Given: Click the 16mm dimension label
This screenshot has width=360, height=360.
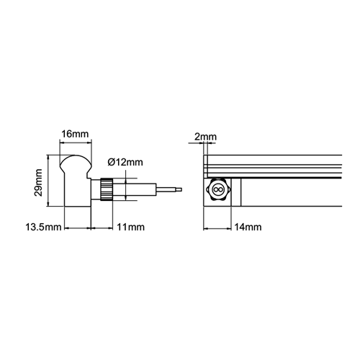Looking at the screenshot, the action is [x=75, y=134].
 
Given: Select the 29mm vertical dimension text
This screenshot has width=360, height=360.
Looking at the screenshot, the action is [x=38, y=183].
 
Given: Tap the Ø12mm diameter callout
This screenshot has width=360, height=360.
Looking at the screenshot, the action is [x=125, y=162].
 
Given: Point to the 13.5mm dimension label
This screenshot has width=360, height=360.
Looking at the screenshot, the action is [x=43, y=227].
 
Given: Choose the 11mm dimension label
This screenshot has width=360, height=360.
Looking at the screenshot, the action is [x=130, y=227].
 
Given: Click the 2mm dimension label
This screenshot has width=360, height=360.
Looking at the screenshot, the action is [x=205, y=137].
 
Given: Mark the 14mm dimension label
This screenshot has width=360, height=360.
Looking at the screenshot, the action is [x=248, y=227].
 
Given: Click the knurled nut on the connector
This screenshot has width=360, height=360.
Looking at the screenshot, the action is [x=107, y=189].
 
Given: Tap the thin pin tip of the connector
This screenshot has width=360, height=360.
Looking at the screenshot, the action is [x=169, y=189].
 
